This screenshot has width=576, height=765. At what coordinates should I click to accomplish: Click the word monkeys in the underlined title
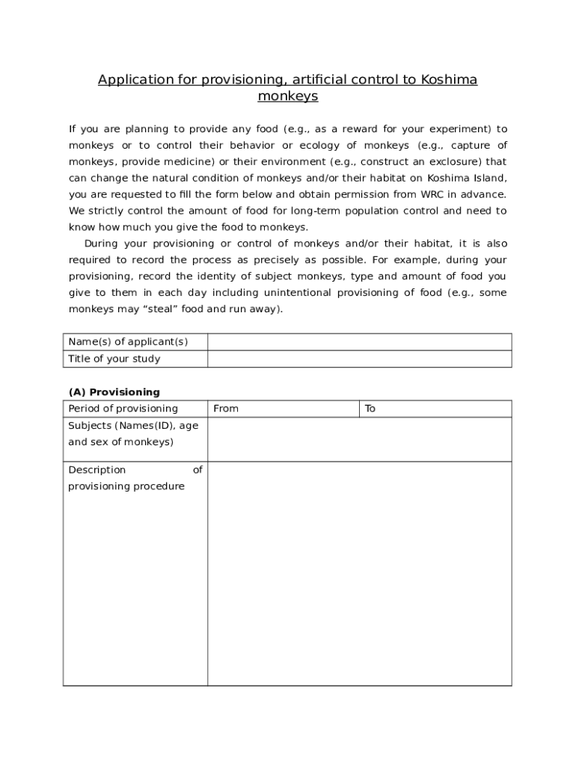(x=288, y=96)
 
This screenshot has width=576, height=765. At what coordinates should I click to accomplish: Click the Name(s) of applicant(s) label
(x=128, y=342)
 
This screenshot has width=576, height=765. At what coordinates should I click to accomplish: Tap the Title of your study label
(x=114, y=359)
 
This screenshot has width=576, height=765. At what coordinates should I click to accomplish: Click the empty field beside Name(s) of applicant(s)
(x=359, y=342)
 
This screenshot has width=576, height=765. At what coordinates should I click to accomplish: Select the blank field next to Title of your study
(x=359, y=359)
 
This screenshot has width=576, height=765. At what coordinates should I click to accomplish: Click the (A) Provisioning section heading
(x=114, y=391)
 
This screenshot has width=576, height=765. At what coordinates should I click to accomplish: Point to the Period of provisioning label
(x=123, y=409)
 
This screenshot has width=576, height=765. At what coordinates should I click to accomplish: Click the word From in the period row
(x=226, y=409)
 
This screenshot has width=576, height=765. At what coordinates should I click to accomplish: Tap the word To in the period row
(x=370, y=409)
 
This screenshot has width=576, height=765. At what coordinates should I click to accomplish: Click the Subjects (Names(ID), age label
(x=133, y=425)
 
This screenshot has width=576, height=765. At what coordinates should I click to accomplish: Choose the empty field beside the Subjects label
(x=359, y=439)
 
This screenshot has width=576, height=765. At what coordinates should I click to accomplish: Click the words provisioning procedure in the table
(x=126, y=486)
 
